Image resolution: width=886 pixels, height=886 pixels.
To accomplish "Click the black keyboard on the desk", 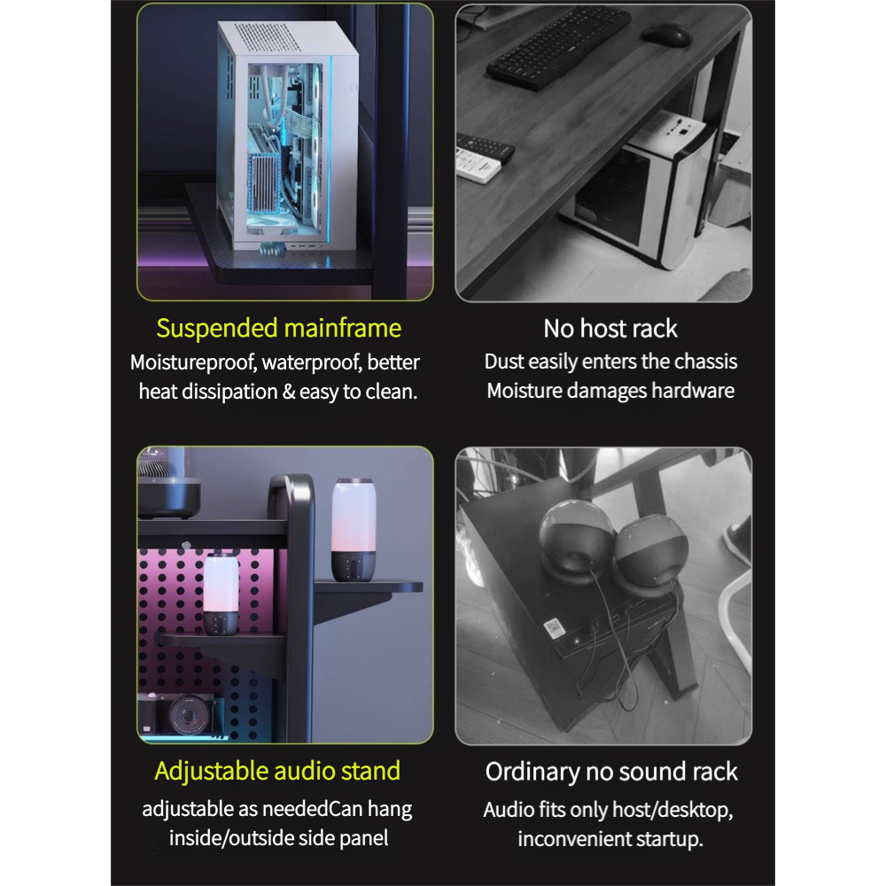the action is click(x=558, y=47).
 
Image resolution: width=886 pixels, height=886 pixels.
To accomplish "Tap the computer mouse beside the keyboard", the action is click(x=666, y=35).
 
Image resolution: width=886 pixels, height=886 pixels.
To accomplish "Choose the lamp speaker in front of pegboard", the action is click(x=221, y=595).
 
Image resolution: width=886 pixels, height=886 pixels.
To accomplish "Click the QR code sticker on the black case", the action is click(x=554, y=628).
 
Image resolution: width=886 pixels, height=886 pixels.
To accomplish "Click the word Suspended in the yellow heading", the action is click(x=217, y=330).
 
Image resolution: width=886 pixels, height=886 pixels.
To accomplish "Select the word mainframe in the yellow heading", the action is click(x=342, y=329).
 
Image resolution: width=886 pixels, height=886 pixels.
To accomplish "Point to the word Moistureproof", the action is click(x=193, y=363).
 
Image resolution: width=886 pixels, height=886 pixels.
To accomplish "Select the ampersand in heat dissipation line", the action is click(x=288, y=392).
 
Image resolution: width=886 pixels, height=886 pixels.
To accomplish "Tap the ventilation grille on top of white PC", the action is click(x=268, y=36).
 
